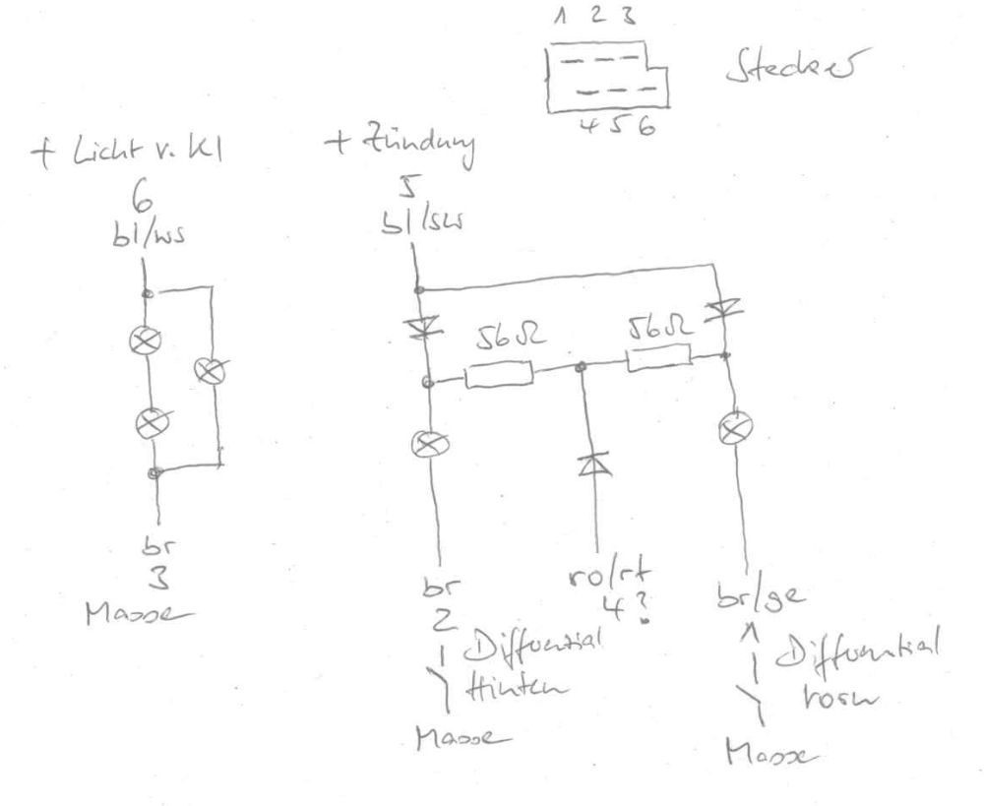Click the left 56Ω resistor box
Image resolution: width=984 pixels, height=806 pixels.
pyautogui.click(x=498, y=375)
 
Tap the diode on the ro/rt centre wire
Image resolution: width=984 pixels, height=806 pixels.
pyautogui.click(x=593, y=463)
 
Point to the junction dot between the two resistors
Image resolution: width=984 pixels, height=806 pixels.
pyautogui.click(x=582, y=367)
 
